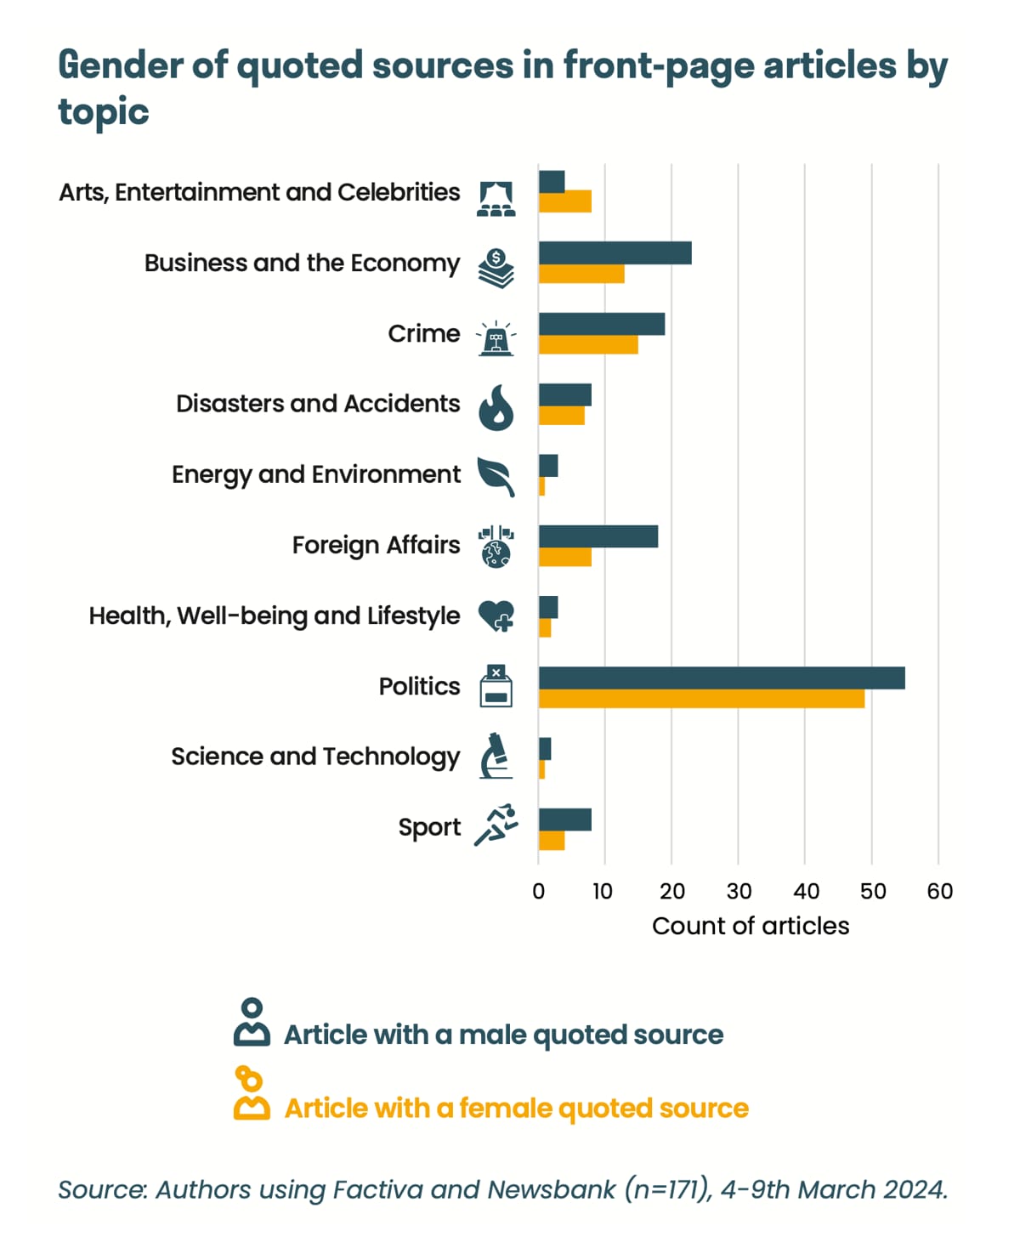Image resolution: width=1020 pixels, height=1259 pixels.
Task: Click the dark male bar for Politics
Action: pyautogui.click(x=721, y=678)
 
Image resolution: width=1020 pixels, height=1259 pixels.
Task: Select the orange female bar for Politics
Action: pyautogui.click(x=701, y=698)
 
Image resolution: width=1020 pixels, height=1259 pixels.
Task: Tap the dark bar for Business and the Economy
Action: pyautogui.click(x=615, y=252)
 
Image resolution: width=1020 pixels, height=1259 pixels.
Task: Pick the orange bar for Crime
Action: pyautogui.click(x=588, y=344)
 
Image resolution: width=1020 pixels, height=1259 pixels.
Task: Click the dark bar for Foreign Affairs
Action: pyautogui.click(x=598, y=536)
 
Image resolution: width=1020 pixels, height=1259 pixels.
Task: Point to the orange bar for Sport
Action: pyautogui.click(x=552, y=841)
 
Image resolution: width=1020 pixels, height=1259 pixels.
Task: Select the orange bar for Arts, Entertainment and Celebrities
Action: pyautogui.click(x=564, y=202)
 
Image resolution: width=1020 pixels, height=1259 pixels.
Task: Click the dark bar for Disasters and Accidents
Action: pyautogui.click(x=564, y=394)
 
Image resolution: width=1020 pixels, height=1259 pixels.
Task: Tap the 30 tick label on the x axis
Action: pyautogui.click(x=739, y=891)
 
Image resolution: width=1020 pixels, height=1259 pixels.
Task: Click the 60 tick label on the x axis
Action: pyautogui.click(x=939, y=891)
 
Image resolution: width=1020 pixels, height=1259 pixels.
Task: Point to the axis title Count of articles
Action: pyautogui.click(x=751, y=926)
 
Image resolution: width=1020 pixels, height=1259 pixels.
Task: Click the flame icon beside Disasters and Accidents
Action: pyautogui.click(x=496, y=407)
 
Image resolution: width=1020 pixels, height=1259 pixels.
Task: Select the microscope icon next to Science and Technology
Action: pyautogui.click(x=496, y=756)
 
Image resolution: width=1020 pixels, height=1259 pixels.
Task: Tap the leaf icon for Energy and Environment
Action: pyautogui.click(x=496, y=476)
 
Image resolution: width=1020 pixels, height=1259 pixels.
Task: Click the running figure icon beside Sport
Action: pyautogui.click(x=496, y=825)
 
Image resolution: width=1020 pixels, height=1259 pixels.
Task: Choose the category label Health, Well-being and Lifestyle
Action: pyautogui.click(x=275, y=615)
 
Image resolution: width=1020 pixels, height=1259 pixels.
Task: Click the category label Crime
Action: pyautogui.click(x=423, y=333)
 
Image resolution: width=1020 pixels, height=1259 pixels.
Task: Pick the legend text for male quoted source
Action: pyautogui.click(x=503, y=1035)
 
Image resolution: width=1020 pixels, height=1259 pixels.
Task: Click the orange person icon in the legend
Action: pyautogui.click(x=252, y=1095)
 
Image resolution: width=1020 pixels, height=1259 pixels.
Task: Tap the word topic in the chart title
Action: pyautogui.click(x=104, y=111)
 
